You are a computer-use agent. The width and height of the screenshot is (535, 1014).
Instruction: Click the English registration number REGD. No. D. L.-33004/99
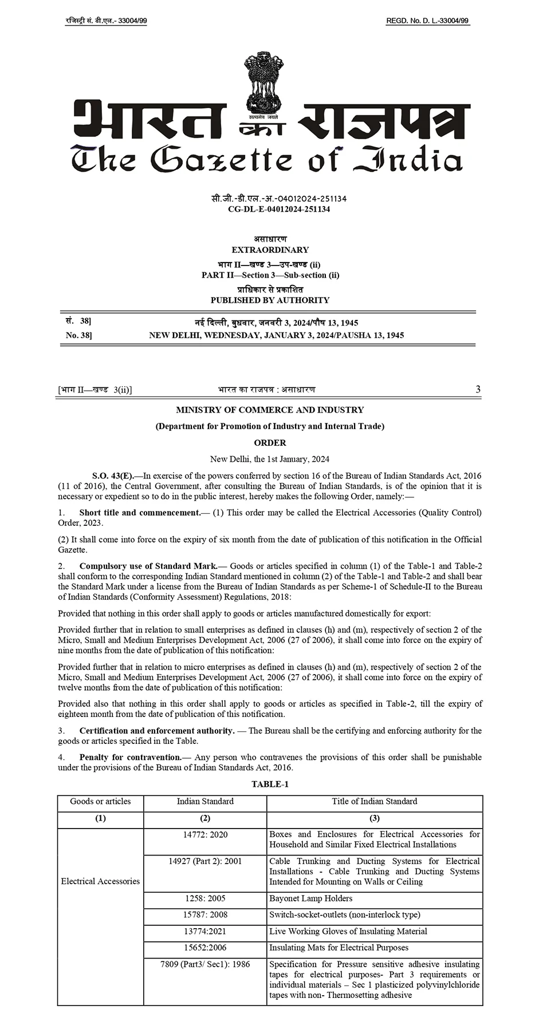coord(427,21)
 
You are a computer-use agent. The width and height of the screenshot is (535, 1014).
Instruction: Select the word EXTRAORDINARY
coord(270,249)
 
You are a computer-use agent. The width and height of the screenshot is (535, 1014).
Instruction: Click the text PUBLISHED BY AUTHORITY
coord(270,300)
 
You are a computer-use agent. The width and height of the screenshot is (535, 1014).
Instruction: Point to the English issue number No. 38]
coord(78,335)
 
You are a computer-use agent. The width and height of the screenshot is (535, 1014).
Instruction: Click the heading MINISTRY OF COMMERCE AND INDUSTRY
coord(270,410)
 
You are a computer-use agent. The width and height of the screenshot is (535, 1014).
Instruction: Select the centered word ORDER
coord(270,442)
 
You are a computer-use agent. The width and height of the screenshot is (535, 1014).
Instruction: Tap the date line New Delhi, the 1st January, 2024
coord(270,459)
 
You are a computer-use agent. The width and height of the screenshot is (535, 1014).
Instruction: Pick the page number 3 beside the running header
coord(478,389)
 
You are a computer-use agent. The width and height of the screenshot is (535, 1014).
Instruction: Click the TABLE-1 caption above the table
coord(270,784)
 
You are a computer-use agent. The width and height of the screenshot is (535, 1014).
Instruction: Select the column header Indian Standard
coord(205,801)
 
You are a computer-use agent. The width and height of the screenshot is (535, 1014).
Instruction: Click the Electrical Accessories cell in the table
coord(100,881)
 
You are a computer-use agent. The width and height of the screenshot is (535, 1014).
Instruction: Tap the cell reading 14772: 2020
coord(205,834)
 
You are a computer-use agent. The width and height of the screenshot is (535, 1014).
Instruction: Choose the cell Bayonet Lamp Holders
coord(311,898)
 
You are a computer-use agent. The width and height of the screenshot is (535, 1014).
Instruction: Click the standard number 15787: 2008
coord(205,914)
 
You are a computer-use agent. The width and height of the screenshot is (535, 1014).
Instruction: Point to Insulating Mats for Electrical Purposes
coord(339,948)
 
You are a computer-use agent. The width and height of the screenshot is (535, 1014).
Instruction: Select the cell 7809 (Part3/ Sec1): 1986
coord(205,964)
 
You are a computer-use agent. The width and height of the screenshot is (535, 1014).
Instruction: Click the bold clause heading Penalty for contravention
coord(130,757)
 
